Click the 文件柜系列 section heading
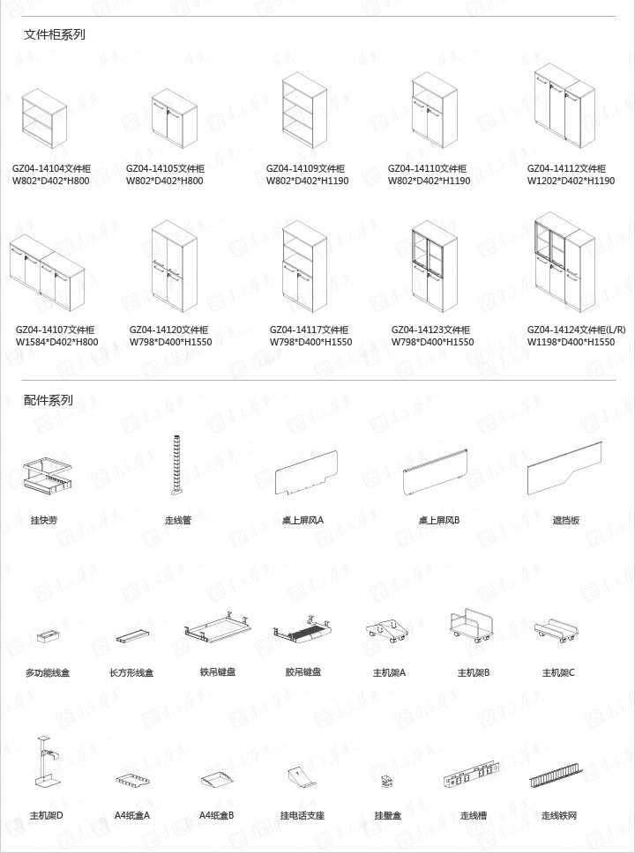click(x=55, y=35)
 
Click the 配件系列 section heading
click(x=49, y=400)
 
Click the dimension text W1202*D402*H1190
click(x=571, y=181)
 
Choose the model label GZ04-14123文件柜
click(x=430, y=330)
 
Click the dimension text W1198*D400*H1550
click(x=571, y=342)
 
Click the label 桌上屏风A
click(x=303, y=520)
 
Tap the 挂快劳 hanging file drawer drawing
click(x=46, y=475)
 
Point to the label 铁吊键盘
click(x=217, y=672)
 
